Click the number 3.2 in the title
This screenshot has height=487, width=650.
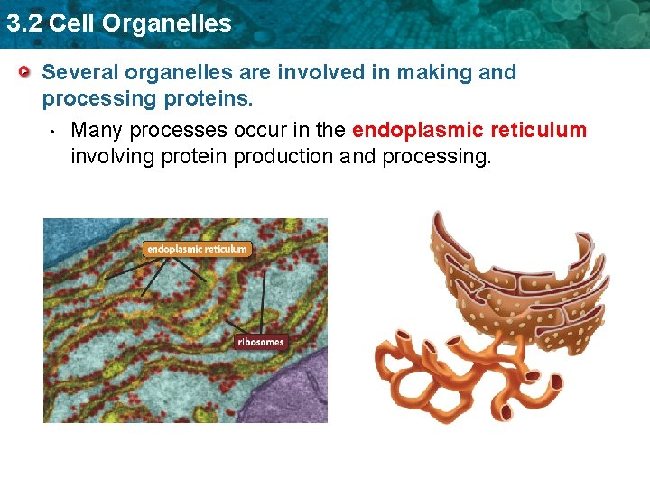point(23,23)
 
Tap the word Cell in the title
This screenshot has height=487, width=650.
point(72,23)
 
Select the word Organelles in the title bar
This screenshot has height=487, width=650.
point(166,23)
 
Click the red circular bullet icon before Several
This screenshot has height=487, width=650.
point(26,72)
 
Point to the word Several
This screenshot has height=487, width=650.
point(81,72)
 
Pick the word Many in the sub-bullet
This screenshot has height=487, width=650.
point(97,130)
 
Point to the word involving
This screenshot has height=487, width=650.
point(111,156)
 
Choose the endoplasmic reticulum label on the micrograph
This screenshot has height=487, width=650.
point(197,249)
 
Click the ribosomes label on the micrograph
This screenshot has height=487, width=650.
point(261,342)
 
